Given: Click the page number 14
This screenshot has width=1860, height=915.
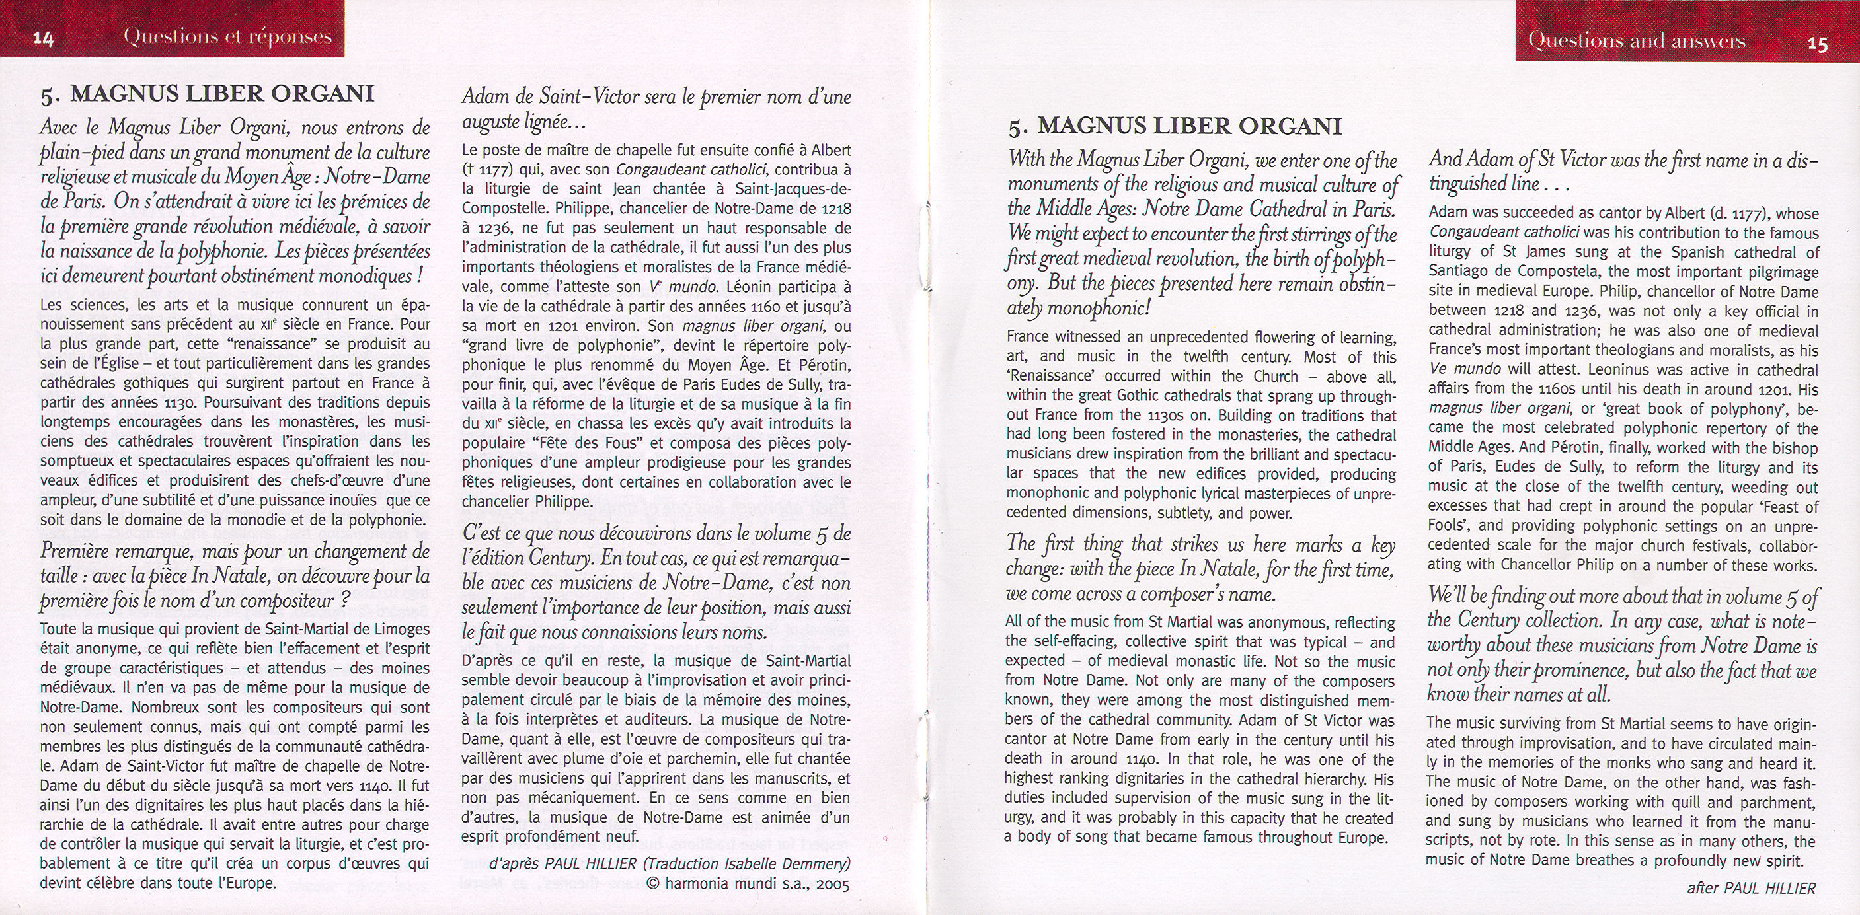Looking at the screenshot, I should click(44, 39).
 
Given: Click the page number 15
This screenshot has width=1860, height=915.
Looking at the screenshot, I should click(1816, 44).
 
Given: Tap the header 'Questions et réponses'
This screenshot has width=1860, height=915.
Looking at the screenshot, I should click(227, 37).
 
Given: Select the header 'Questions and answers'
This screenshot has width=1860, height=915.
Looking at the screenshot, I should click(1636, 40).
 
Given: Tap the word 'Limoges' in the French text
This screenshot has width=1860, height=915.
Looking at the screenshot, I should click(398, 628).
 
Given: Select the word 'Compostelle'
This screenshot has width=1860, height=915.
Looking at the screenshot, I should click(498, 209).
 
